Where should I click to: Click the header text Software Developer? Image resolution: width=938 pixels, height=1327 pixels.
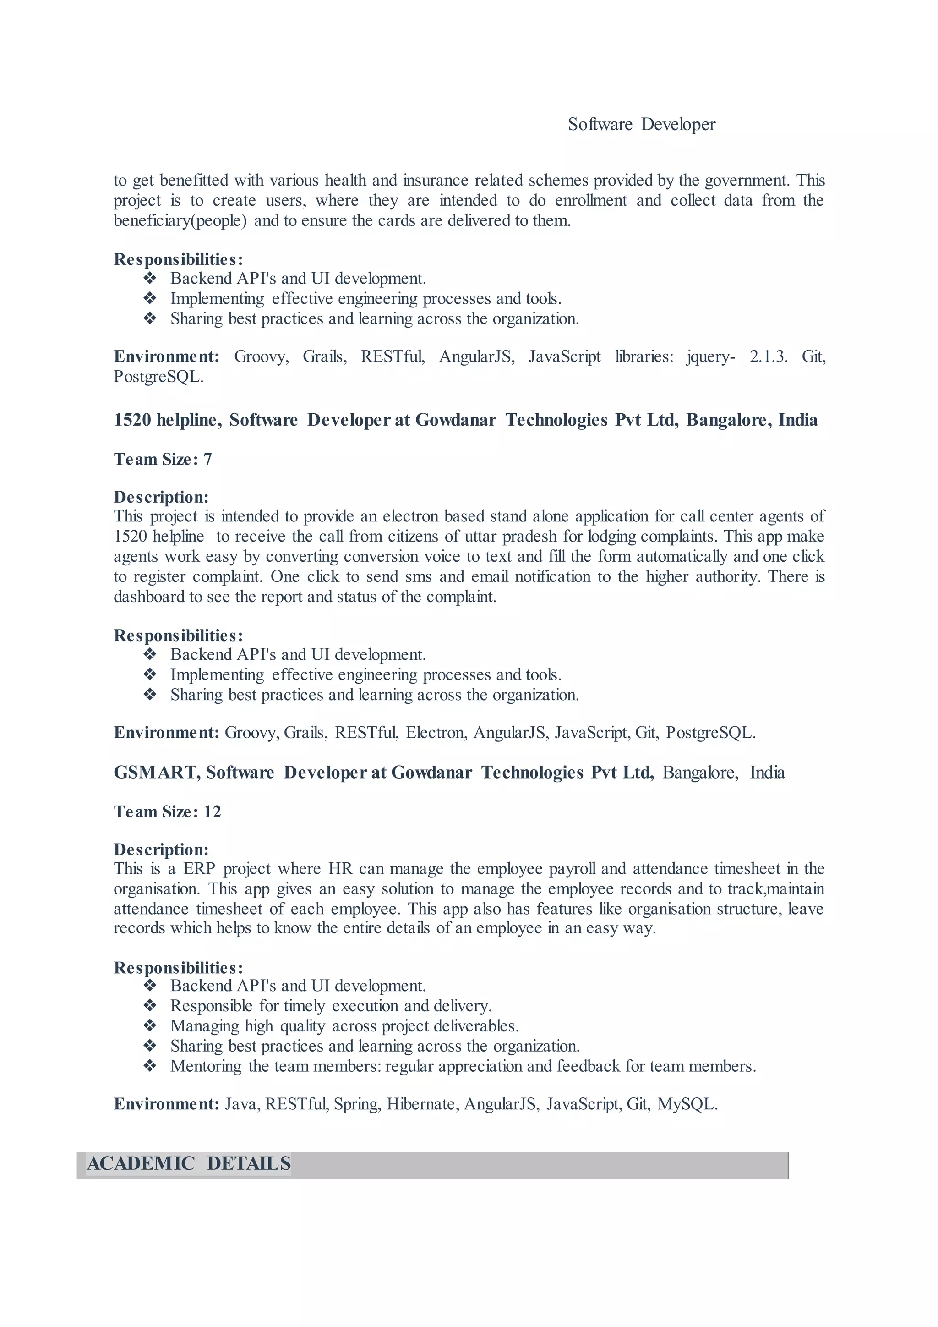click(x=641, y=124)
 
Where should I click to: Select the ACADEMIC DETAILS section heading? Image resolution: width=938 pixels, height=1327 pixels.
click(x=189, y=1163)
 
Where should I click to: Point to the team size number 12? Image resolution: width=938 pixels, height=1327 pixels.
click(x=212, y=812)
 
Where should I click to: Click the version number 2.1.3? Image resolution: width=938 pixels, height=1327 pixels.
click(x=768, y=356)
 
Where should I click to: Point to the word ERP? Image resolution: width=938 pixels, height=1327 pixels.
click(x=199, y=869)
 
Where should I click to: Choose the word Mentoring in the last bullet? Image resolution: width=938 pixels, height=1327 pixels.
click(x=206, y=1066)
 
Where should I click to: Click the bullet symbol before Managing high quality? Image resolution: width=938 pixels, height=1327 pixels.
click(x=150, y=1026)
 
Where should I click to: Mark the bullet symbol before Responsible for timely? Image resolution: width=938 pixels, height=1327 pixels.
click(x=150, y=1006)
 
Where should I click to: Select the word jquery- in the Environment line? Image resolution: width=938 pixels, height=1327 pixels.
click(x=710, y=356)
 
